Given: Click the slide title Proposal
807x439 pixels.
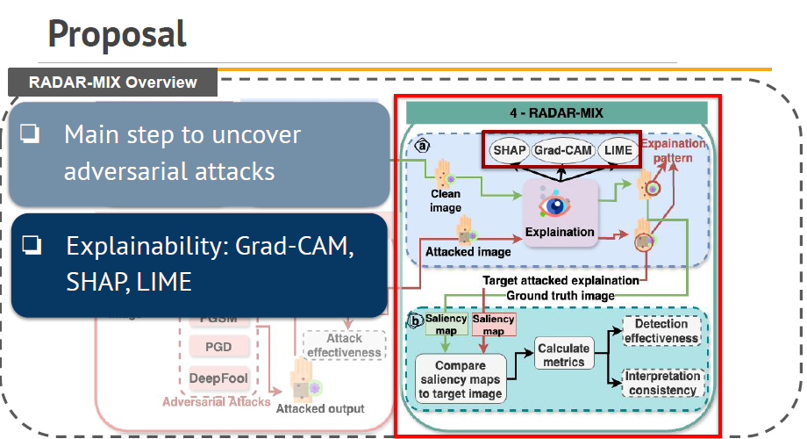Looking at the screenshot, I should (117, 33).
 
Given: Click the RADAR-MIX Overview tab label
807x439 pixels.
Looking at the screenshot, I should (113, 83).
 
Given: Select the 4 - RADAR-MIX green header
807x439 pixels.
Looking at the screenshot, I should (557, 112).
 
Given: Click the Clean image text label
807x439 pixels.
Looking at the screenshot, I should (446, 199).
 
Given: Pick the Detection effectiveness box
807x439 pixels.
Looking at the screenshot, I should (661, 332).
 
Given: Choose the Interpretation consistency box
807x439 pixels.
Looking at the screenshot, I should (661, 383).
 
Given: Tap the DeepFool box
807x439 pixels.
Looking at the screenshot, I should (218, 378).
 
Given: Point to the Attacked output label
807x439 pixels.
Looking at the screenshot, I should (320, 408).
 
